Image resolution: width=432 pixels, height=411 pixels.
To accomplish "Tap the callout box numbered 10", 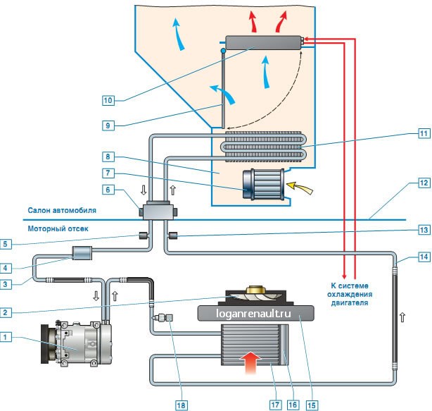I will (108, 100).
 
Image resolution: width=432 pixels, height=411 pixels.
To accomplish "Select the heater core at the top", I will (263, 43).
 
